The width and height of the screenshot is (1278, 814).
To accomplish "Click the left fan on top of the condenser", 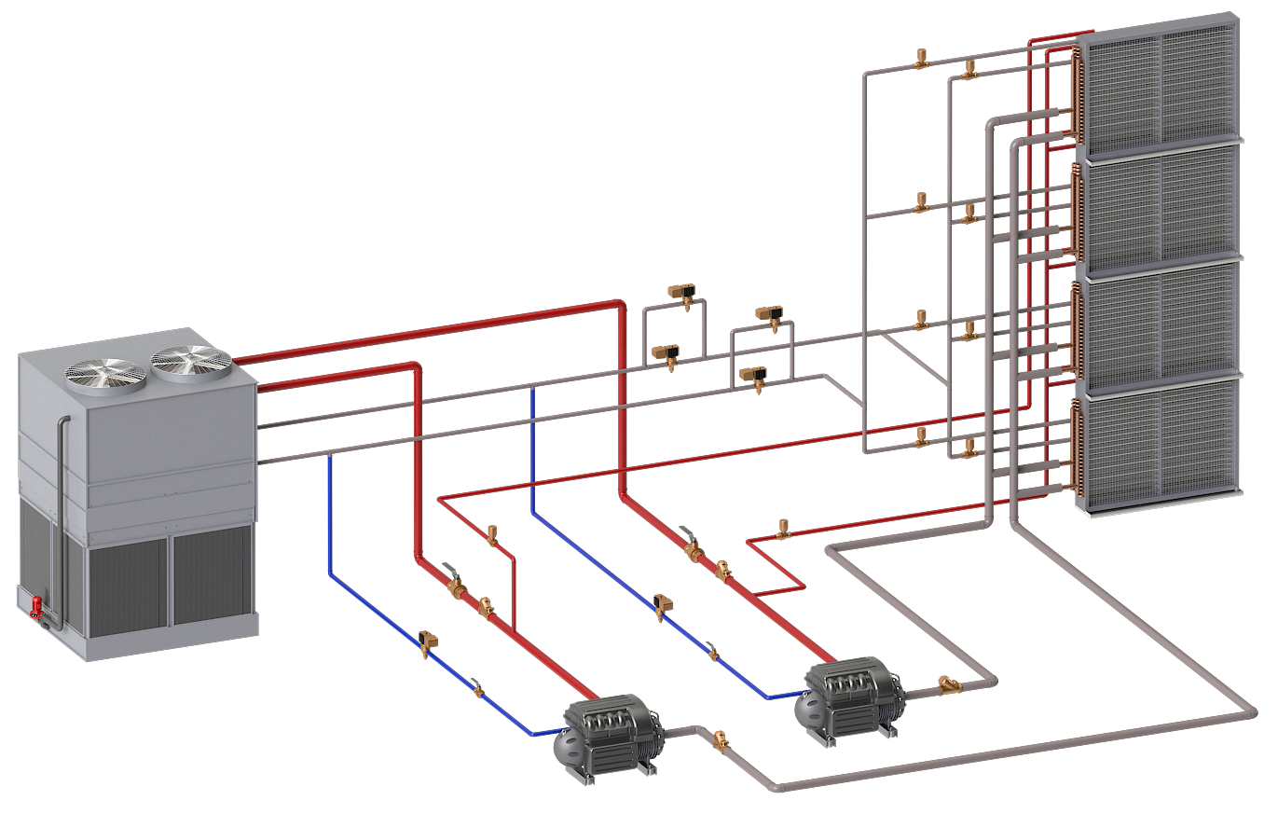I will click(x=105, y=371).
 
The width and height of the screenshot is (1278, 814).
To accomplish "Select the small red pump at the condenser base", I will click(x=38, y=607).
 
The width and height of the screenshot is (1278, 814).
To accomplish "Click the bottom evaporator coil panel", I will click(x=1161, y=444).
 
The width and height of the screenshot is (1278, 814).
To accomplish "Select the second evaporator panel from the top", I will click(x=1161, y=208).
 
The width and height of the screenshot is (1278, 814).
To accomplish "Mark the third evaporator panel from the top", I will click(x=1161, y=326).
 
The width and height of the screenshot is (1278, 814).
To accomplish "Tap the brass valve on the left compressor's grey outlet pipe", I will click(x=720, y=742).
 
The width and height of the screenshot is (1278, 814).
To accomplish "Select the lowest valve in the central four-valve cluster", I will click(x=753, y=376).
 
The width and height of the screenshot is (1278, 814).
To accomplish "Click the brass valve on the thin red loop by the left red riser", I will click(x=493, y=535).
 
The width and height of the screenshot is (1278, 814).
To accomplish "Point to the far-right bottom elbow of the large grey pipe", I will click(x=1250, y=713).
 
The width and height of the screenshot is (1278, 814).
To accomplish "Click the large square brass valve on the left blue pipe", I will click(x=430, y=641).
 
